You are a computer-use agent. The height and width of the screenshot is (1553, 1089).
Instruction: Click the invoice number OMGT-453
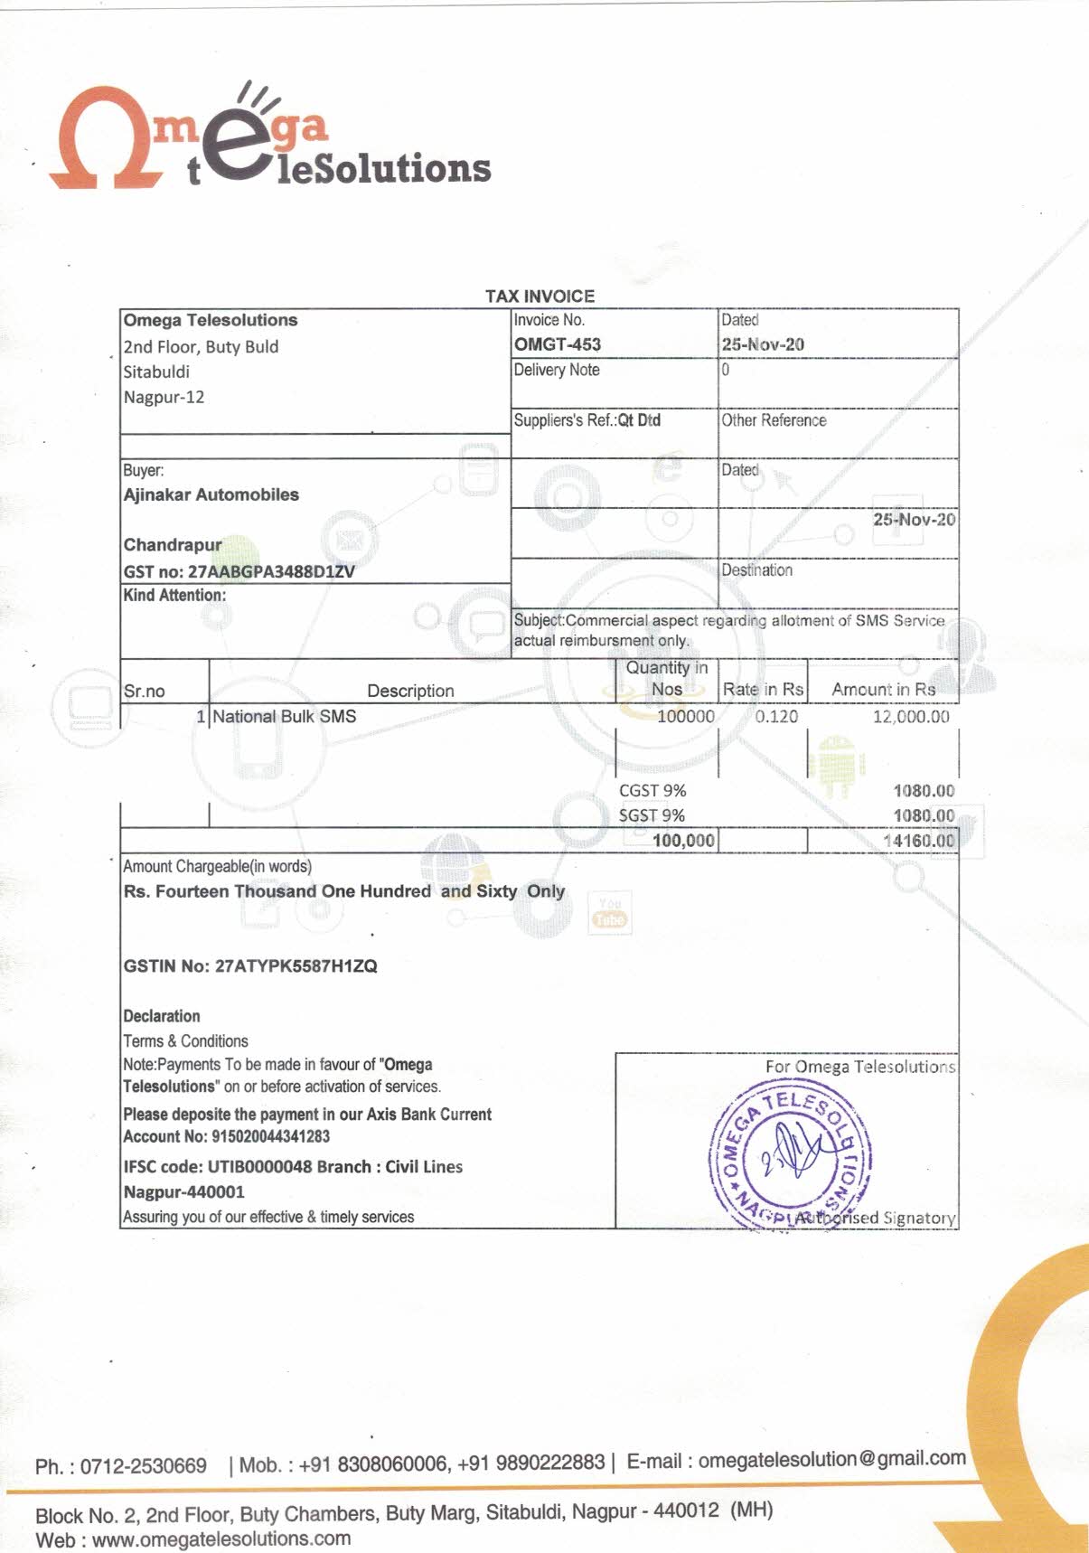point(557,344)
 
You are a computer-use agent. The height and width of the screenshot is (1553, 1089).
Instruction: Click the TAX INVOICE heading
point(540,296)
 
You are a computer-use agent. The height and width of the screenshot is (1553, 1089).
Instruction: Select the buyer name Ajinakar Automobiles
point(211,494)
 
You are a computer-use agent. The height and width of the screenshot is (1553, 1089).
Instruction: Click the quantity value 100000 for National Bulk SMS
point(685,716)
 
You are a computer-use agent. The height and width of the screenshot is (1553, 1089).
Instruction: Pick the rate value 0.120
point(776,716)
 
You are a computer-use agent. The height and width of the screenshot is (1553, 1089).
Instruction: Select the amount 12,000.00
point(910,716)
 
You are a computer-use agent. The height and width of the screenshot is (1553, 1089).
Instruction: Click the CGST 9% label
point(652,790)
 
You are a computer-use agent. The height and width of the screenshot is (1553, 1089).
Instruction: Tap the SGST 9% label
point(651,815)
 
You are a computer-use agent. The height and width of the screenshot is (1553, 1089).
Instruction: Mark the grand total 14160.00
point(918,841)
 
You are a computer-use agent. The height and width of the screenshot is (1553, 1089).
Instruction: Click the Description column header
point(410,691)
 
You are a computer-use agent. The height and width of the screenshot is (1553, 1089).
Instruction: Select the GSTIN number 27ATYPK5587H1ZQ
point(296,966)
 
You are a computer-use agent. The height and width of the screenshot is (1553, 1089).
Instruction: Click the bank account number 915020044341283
point(270,1136)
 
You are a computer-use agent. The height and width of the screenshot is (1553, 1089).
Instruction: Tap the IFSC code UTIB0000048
point(259,1167)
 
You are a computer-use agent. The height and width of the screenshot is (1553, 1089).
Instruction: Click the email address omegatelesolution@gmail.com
point(831,1459)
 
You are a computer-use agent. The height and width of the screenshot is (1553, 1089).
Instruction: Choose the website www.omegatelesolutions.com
point(221,1539)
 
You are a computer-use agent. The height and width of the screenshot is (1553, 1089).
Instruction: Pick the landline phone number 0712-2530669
point(143,1465)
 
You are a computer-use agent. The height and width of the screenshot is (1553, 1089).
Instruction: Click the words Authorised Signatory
point(874,1218)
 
